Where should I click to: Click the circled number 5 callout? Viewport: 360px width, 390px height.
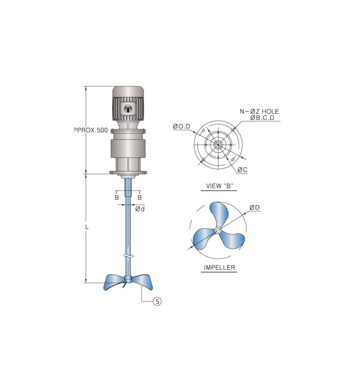[157, 302]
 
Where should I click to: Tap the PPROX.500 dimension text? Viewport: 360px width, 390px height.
[91, 130]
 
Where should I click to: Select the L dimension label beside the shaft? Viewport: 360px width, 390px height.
[87, 227]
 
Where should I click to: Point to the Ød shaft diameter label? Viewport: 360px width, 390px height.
[140, 209]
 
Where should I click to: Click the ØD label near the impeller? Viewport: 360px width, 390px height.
[255, 207]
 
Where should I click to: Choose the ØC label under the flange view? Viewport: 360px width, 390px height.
[242, 169]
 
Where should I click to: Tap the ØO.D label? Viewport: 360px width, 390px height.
[181, 127]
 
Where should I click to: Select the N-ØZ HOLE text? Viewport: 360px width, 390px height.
[259, 111]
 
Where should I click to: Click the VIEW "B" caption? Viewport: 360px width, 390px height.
[220, 186]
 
